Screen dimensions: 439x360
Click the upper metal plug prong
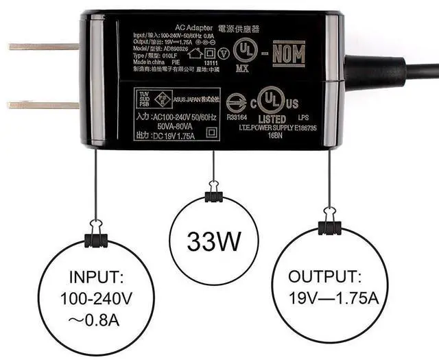(x=41, y=47)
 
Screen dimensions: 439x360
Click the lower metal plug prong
(x=41, y=105)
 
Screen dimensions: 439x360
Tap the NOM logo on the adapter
(x=289, y=52)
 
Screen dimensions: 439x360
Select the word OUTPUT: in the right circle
(x=324, y=276)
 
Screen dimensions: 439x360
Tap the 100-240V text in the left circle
(x=96, y=300)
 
